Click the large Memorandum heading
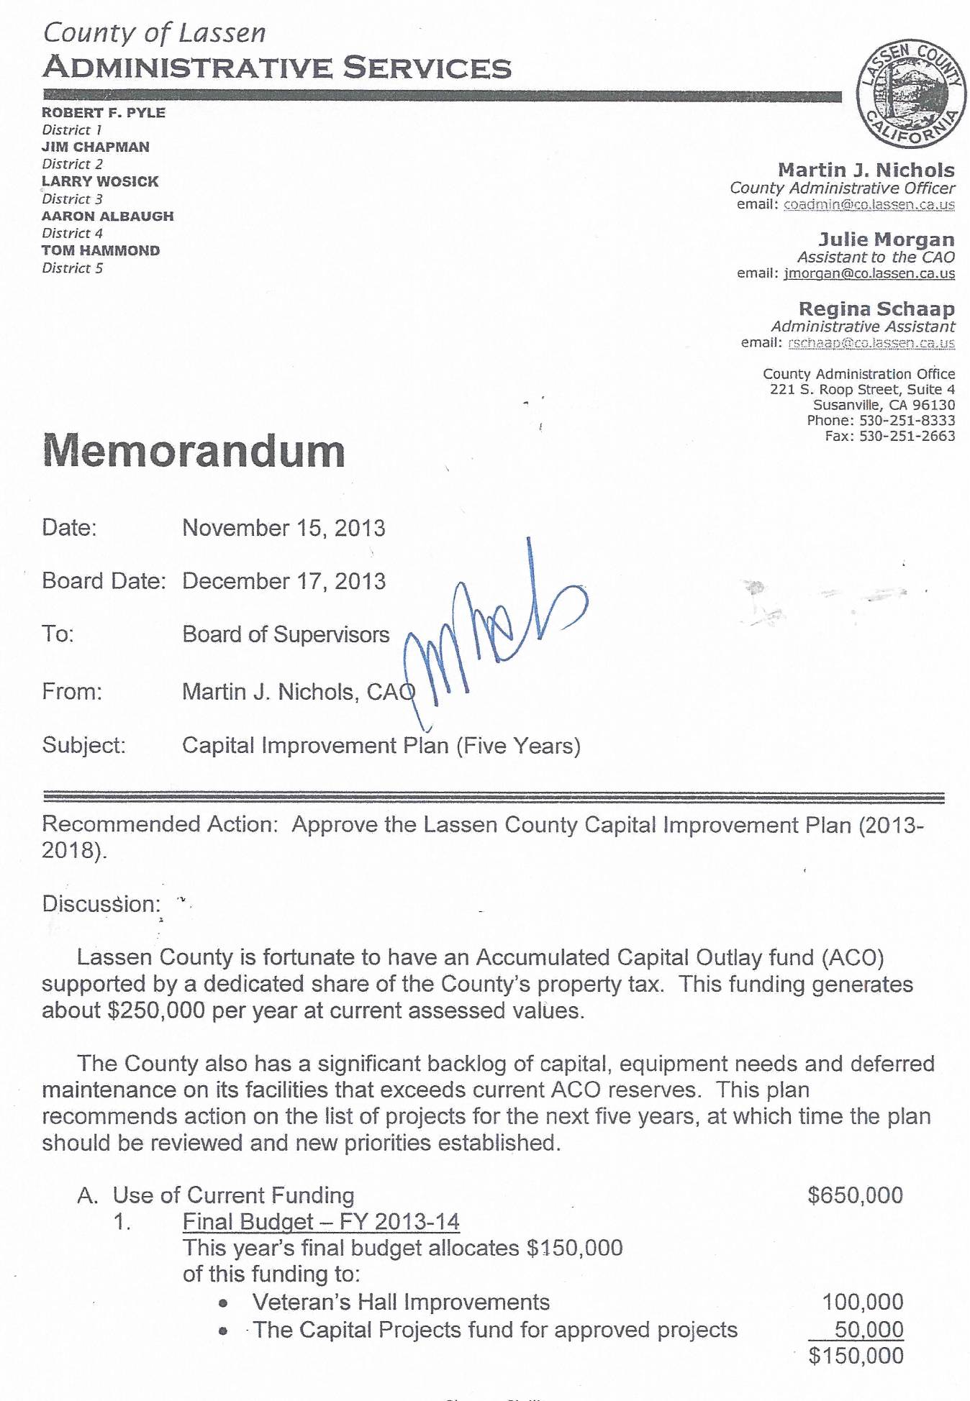[x=194, y=452]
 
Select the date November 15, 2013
[x=284, y=529]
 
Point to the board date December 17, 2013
[x=284, y=581]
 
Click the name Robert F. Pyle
[x=104, y=113]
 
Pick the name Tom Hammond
[x=101, y=251]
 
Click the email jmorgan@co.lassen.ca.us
[x=869, y=274]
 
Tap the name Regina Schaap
[x=876, y=309]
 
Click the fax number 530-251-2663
[x=907, y=437]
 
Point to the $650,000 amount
[x=855, y=1215]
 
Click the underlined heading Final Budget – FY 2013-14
[x=321, y=1242]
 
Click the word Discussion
[x=101, y=904]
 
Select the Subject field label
[x=84, y=745]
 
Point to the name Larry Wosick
[x=100, y=182]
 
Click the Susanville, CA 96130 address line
[x=884, y=405]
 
